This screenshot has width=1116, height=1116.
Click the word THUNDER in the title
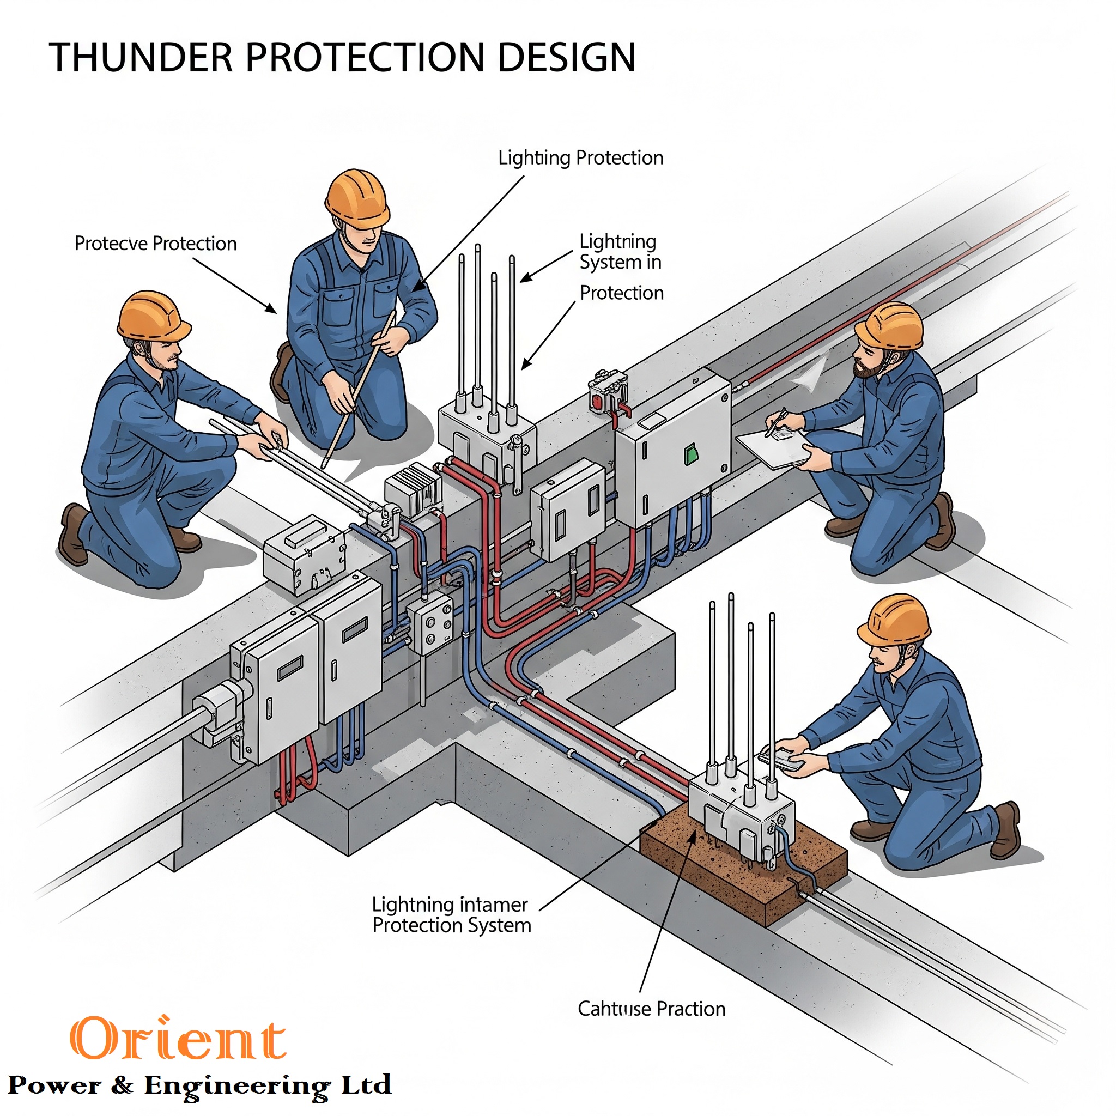(x=141, y=57)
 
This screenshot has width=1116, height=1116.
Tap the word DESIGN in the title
(x=566, y=57)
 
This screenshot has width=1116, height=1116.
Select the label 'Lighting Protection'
(x=580, y=157)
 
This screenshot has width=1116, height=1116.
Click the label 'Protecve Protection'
(x=155, y=244)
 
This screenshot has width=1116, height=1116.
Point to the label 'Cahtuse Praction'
(x=651, y=1009)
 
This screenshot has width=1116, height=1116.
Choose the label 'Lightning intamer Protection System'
(x=451, y=914)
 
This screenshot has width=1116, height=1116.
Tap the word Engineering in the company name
(x=237, y=1085)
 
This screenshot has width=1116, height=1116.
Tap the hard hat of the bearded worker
(x=889, y=326)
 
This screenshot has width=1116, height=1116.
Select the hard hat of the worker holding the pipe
(x=153, y=316)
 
